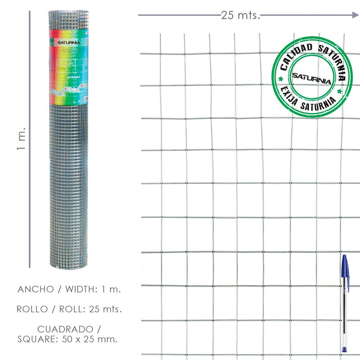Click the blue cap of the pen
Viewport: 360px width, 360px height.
(x=345, y=267)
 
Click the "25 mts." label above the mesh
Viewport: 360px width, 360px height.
(x=241, y=15)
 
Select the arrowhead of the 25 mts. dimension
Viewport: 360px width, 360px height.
(x=355, y=15)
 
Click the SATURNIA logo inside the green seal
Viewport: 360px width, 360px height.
(x=311, y=77)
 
